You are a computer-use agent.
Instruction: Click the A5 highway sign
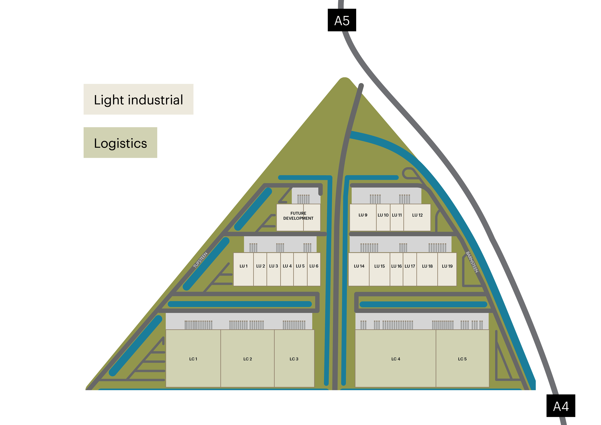[342, 20]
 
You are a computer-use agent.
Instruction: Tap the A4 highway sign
[561, 406]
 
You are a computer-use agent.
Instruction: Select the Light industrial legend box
[138, 99]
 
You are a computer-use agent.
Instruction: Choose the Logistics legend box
[120, 142]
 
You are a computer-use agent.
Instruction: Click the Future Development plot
[298, 217]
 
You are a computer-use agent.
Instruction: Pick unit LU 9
[363, 217]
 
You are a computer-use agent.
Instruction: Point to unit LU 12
[417, 217]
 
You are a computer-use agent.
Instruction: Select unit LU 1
[243, 269]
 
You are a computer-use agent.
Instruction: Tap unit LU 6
[314, 269]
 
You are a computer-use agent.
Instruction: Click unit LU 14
[359, 269]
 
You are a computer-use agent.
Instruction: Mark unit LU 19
[447, 269]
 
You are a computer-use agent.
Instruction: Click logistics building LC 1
[193, 358]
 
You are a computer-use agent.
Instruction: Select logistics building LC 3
[294, 358]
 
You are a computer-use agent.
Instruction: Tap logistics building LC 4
[396, 358]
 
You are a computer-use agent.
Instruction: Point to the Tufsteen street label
[200, 260]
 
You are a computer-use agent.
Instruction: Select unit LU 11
[397, 217]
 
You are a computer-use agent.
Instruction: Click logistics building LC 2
[248, 358]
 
